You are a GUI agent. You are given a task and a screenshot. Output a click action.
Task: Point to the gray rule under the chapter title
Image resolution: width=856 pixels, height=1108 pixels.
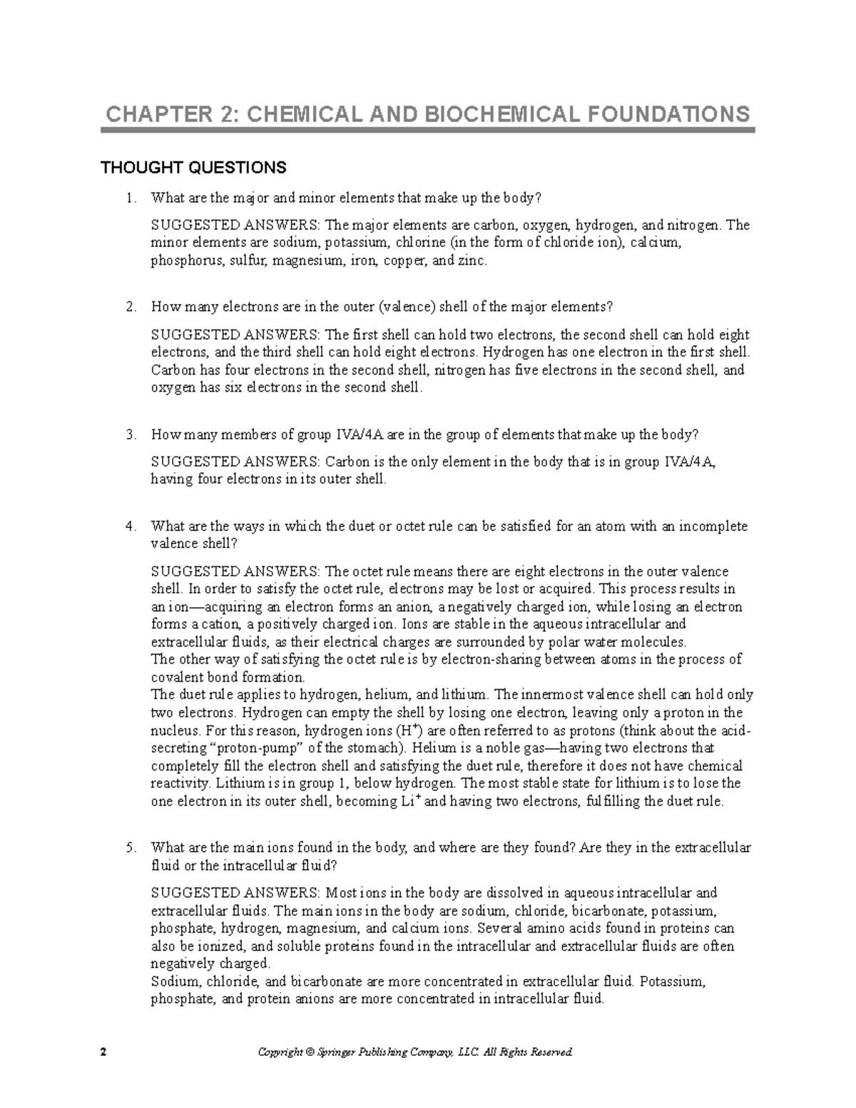[x=428, y=131]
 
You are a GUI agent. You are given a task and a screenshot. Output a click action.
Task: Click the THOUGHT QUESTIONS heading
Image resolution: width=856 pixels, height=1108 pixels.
[x=193, y=168]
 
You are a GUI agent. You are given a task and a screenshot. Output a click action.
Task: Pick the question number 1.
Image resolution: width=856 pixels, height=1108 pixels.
[x=129, y=198]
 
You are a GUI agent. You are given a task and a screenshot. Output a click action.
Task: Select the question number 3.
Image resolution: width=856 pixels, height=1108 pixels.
[x=129, y=435]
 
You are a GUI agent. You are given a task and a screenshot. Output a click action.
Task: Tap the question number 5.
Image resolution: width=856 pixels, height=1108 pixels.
[x=129, y=848]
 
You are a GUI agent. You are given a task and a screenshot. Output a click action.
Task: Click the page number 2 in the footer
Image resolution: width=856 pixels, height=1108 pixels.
[x=103, y=1052]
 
